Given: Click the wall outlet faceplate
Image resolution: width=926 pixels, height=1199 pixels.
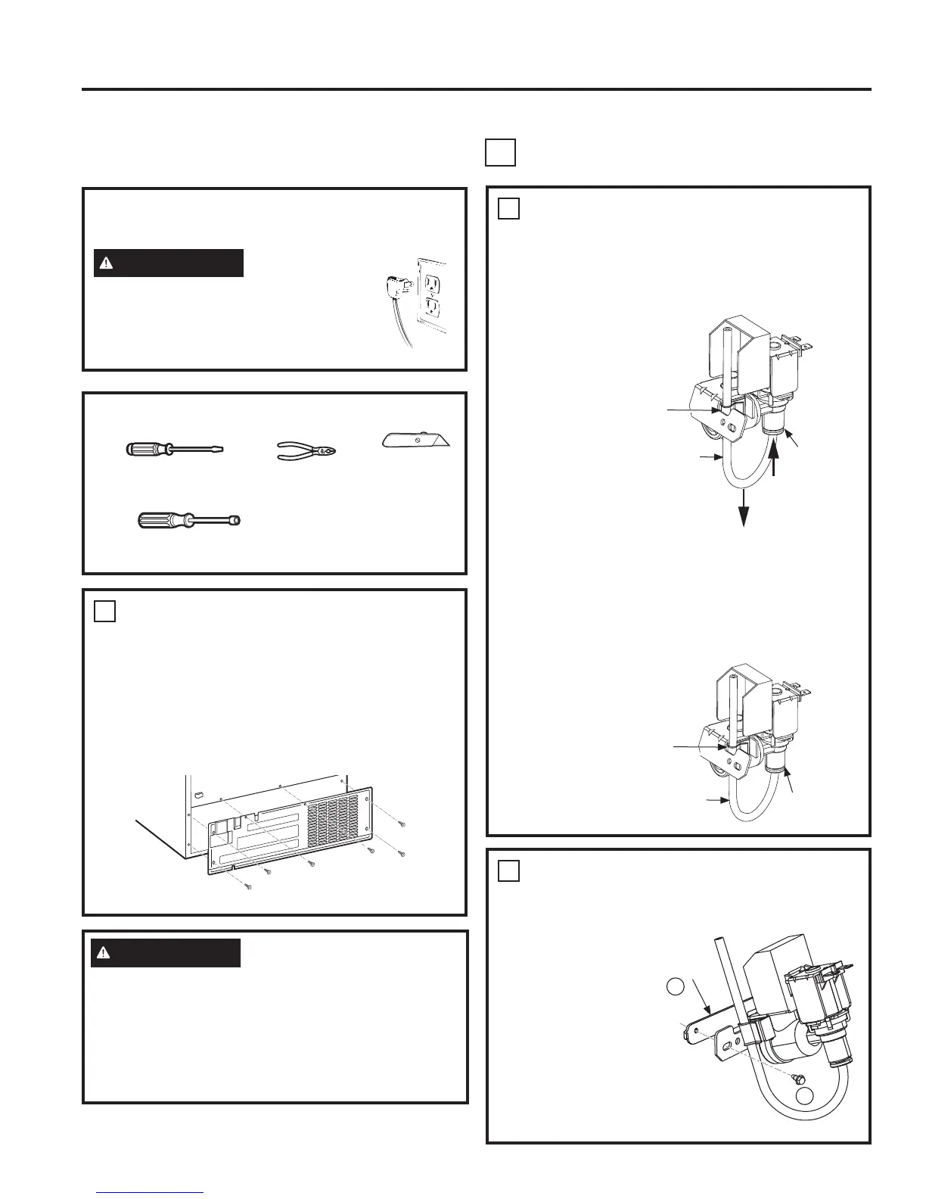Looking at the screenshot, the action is (x=432, y=295).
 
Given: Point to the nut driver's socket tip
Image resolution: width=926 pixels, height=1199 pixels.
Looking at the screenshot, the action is (x=236, y=521).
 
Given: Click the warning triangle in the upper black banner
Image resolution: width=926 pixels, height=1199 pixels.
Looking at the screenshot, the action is (x=107, y=263).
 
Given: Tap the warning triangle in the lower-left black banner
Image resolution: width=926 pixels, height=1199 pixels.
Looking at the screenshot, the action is (x=104, y=953).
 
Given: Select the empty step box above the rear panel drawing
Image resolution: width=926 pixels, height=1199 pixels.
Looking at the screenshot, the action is (x=105, y=611).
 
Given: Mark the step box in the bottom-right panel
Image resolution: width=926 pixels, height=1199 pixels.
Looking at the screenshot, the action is (x=509, y=871).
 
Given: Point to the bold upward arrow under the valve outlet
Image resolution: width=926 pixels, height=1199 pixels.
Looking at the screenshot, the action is (x=774, y=459).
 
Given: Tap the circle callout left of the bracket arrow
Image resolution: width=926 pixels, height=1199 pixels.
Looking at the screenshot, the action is (x=676, y=986).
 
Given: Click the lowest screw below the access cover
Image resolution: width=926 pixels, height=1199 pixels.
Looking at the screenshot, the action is (x=250, y=886).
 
